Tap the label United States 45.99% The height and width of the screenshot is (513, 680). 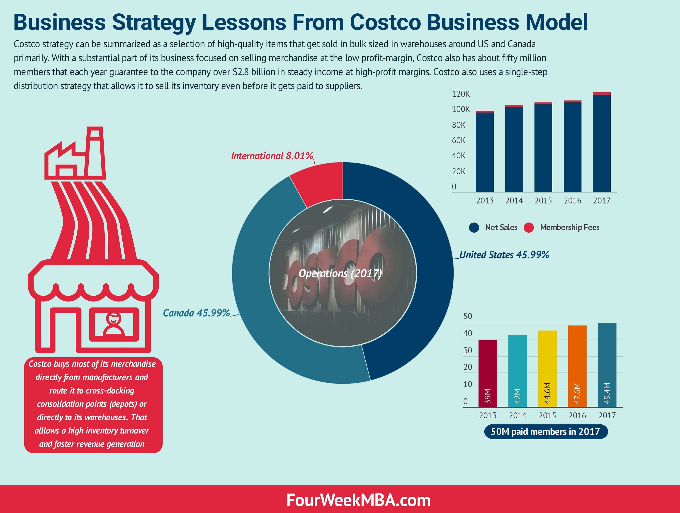[x=504, y=255]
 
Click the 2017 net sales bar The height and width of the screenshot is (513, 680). [x=601, y=143]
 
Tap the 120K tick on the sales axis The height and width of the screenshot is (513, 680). [x=461, y=94]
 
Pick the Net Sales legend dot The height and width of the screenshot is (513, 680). [x=474, y=227]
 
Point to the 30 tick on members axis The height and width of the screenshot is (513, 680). [x=468, y=350]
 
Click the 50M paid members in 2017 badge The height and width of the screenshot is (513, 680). [x=546, y=432]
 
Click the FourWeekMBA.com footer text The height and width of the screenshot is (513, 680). [x=358, y=500]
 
